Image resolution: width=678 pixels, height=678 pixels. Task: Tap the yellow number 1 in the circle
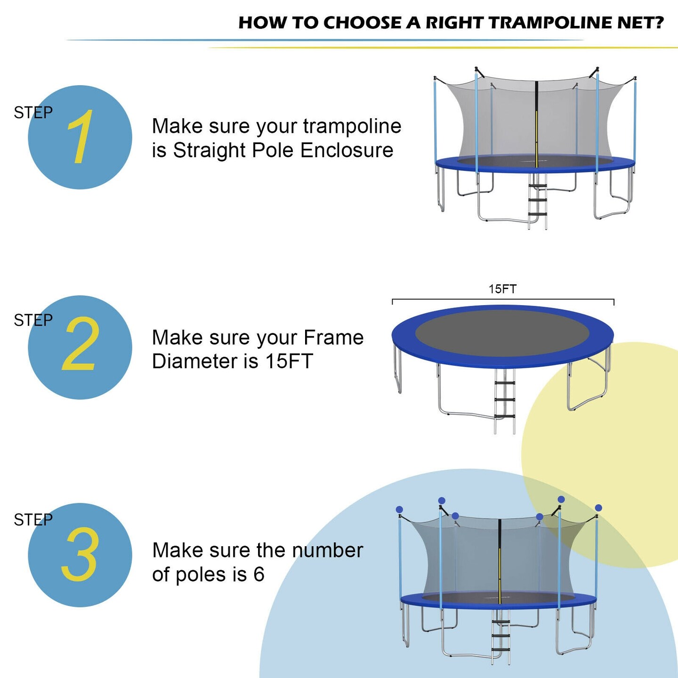click(80, 137)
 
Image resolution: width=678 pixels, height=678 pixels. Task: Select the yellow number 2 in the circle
click(81, 344)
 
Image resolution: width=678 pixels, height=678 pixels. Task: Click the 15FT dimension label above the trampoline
click(502, 289)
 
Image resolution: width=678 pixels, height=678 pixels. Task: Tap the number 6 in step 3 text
click(258, 574)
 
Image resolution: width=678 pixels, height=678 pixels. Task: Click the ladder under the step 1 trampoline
click(537, 202)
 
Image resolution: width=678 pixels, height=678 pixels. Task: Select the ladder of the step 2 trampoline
click(504, 400)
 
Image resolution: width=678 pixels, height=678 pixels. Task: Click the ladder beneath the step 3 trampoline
click(500, 636)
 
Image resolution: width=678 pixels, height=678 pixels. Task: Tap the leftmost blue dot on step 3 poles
click(399, 509)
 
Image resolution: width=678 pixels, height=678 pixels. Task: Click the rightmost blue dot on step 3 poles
click(598, 508)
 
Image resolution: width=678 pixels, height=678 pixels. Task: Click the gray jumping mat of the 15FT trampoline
click(502, 333)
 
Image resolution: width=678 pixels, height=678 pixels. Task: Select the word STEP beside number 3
click(33, 520)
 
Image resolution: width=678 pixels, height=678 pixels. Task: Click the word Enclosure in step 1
click(347, 151)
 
